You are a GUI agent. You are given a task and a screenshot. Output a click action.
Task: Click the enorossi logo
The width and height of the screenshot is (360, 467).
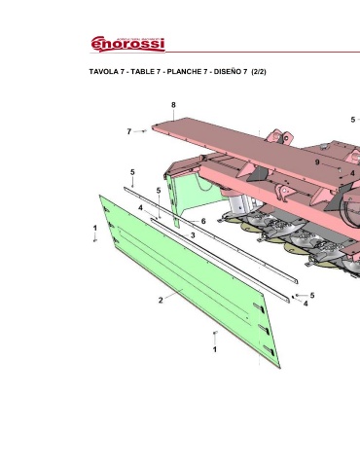tap(127, 44)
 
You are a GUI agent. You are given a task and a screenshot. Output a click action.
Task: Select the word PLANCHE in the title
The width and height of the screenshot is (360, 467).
tap(187, 72)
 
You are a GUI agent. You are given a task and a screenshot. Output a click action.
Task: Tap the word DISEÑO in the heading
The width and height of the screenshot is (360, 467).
tap(228, 72)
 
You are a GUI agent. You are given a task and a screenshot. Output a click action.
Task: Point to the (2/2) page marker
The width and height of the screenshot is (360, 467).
tap(259, 72)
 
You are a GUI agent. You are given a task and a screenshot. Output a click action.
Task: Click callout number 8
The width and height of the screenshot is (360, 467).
tap(173, 105)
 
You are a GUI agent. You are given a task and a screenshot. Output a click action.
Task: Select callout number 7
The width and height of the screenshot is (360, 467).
tap(129, 131)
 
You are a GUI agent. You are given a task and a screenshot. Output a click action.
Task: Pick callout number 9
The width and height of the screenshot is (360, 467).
tap(317, 162)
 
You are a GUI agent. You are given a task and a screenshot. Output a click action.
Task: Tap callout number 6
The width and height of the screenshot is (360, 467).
tap(203, 221)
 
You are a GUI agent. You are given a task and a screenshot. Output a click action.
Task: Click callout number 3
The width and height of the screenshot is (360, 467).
tap(193, 235)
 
